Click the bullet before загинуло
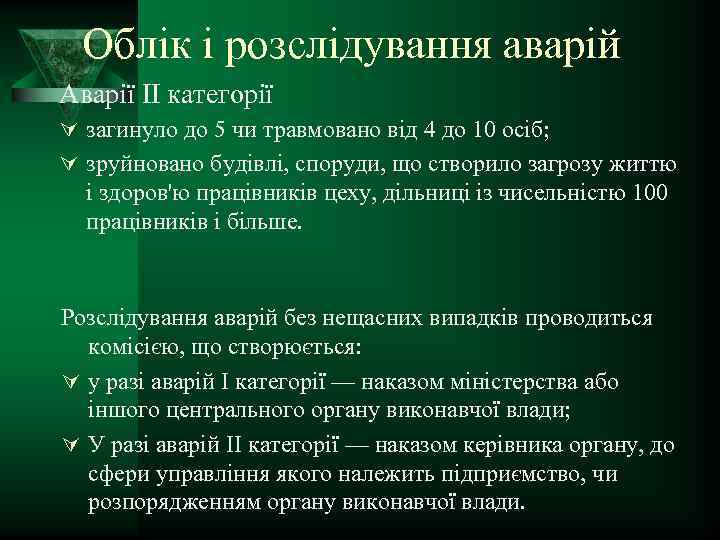pos(67,130)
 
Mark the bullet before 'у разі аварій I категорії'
pos(67,383)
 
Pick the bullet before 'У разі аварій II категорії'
pos(67,445)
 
